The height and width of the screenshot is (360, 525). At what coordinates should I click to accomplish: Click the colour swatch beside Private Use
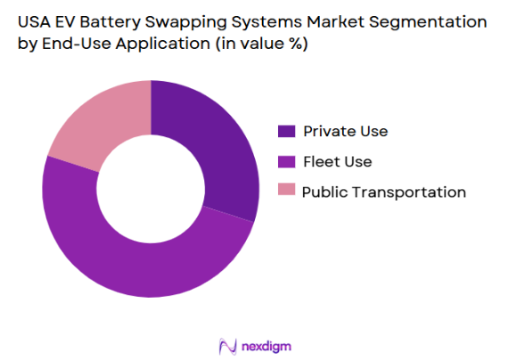pyautogui.click(x=286, y=132)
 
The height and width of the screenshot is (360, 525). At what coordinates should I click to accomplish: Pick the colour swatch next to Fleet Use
pyautogui.click(x=286, y=161)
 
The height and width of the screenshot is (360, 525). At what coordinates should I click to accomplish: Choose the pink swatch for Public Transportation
pyautogui.click(x=286, y=191)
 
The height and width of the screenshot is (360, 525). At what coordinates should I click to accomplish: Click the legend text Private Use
pyautogui.click(x=345, y=132)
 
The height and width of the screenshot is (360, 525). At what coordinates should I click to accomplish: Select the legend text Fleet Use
pyautogui.click(x=338, y=161)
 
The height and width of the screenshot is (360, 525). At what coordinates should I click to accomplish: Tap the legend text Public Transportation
pyautogui.click(x=383, y=192)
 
